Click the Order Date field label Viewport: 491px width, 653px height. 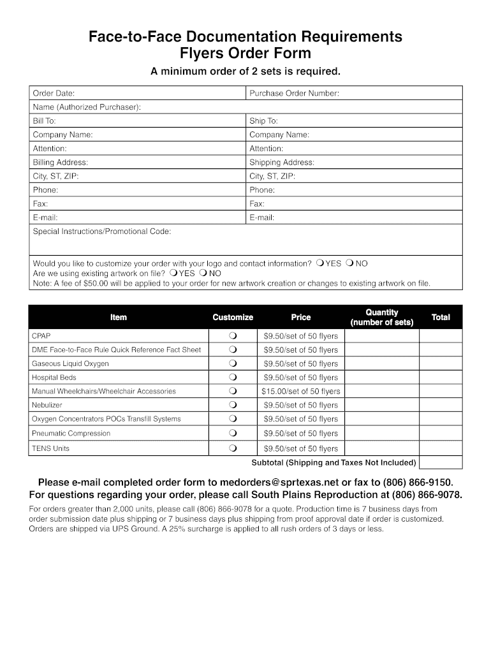tap(54, 94)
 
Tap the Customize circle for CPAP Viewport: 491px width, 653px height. tap(233, 336)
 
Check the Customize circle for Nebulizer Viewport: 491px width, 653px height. tap(233, 405)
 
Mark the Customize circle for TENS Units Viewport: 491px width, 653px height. tap(233, 448)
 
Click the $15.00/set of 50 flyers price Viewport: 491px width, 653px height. tap(300, 392)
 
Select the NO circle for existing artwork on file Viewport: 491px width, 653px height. tap(203, 273)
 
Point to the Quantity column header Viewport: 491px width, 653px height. tap(381, 317)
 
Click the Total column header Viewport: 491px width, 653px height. tap(440, 317)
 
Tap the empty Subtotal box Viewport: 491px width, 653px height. tap(440, 462)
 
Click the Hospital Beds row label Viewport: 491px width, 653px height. tap(54, 378)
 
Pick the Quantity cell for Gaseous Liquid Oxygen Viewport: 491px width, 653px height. tap(381, 363)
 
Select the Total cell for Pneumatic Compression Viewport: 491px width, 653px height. tap(440, 434)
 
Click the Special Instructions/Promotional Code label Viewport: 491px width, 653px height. tap(101, 231)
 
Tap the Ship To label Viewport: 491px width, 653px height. tap(263, 121)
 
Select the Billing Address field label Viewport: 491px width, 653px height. tap(60, 163)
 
